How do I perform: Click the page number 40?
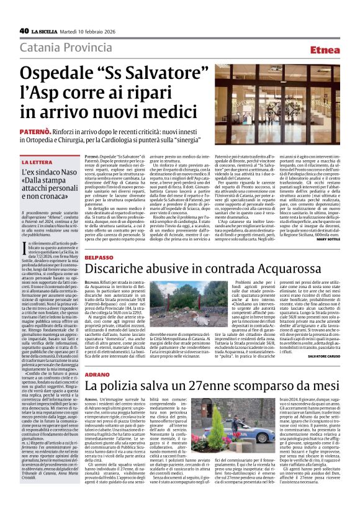tap(24, 30)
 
